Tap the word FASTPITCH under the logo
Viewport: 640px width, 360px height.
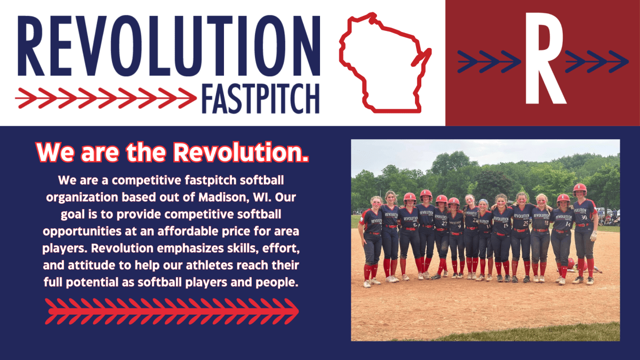click(260, 99)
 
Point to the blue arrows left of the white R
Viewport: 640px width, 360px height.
click(489, 62)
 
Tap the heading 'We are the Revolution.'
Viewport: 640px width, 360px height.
click(172, 153)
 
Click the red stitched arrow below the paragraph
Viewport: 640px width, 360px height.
click(172, 310)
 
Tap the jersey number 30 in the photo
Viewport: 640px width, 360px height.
click(584, 218)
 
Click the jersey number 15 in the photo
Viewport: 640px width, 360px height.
click(506, 225)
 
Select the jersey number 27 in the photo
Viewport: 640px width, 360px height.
click(444, 224)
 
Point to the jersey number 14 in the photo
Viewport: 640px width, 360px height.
click(567, 225)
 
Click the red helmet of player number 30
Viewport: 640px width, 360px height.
click(580, 188)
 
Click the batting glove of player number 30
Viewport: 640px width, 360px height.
click(594, 236)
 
